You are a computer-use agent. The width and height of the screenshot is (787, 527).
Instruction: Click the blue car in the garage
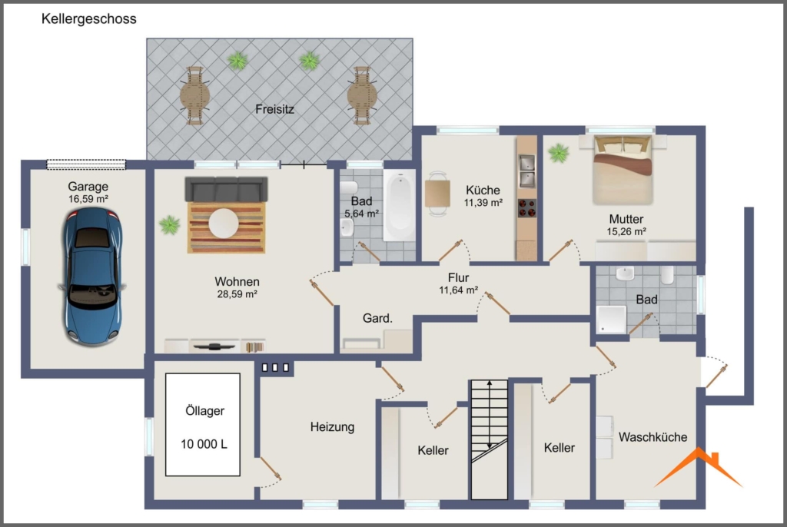[x=93, y=277]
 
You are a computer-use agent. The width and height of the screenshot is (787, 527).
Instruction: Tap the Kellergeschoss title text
[x=89, y=19]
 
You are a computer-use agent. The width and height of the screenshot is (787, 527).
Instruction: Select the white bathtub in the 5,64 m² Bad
[x=400, y=205]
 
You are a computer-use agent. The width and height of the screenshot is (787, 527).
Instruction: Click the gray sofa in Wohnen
[x=227, y=189]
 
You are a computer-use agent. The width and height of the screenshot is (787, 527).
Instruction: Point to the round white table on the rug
[x=224, y=224]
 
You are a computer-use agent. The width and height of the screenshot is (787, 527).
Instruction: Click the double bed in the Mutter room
[x=623, y=170]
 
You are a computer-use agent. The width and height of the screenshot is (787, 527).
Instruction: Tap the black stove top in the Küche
[x=527, y=208]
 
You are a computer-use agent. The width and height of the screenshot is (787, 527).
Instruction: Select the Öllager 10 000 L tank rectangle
[x=203, y=424]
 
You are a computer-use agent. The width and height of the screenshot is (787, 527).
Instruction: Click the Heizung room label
[x=332, y=427]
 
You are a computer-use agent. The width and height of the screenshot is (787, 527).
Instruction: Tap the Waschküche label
[x=653, y=437]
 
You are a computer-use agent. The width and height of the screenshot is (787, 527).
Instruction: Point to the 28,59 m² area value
[x=237, y=295]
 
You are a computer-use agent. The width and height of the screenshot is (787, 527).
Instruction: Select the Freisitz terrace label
[x=274, y=109]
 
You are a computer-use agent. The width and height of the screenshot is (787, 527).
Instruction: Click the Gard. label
[x=377, y=318]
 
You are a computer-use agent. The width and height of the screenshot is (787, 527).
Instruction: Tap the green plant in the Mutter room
[x=558, y=153]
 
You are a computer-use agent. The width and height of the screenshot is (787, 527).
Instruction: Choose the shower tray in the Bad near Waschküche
[x=611, y=320]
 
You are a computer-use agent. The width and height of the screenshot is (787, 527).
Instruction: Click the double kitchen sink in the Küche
[x=526, y=171]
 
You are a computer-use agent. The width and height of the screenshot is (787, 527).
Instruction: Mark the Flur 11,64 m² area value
[x=458, y=290]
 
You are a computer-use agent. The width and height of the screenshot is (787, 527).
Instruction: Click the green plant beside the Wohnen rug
[x=170, y=225]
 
